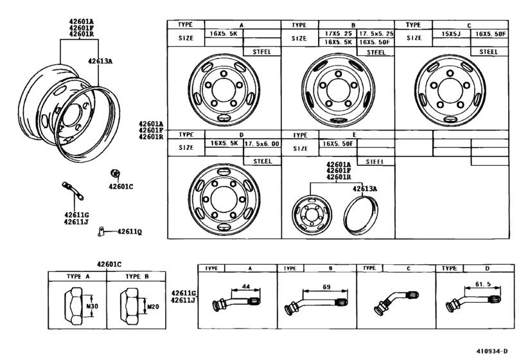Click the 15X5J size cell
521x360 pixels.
(451, 34)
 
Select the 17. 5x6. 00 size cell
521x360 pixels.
(262, 144)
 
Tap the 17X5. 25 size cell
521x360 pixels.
(338, 33)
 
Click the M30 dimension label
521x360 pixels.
(92, 306)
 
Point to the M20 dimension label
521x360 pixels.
(153, 307)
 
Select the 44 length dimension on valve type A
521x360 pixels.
(246, 286)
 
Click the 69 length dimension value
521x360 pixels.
(326, 287)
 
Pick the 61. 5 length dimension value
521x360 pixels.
(483, 284)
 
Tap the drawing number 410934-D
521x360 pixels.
(492, 351)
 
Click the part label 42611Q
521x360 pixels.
(130, 231)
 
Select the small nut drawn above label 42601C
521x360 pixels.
(115, 173)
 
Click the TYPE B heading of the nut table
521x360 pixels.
(137, 276)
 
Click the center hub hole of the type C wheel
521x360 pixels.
(450, 90)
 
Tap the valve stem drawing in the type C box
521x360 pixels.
(396, 303)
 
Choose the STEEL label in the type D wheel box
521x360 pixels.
(263, 161)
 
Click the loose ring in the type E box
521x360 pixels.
(361, 216)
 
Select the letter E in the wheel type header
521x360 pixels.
(354, 134)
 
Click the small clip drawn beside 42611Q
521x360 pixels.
(101, 231)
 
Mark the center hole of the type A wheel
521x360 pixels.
(224, 90)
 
